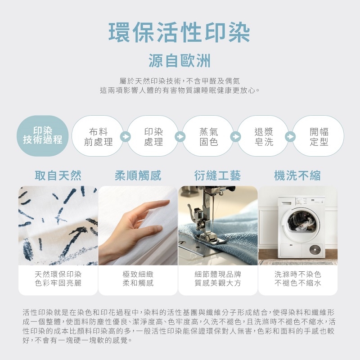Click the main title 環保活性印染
(179, 32)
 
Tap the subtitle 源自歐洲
(180, 61)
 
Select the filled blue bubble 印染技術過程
(43, 136)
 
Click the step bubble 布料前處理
(98, 136)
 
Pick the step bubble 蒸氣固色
(208, 136)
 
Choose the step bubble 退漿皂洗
(264, 136)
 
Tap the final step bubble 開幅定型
(319, 136)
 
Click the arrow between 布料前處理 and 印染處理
(126, 137)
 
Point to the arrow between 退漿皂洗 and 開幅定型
(290, 137)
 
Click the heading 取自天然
(58, 175)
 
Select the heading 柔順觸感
(138, 175)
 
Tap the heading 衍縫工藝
(217, 175)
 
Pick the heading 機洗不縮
(297, 175)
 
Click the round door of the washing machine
(301, 225)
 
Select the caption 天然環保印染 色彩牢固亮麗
(58, 279)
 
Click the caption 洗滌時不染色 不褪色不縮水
(297, 279)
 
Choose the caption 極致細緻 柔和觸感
(138, 279)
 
